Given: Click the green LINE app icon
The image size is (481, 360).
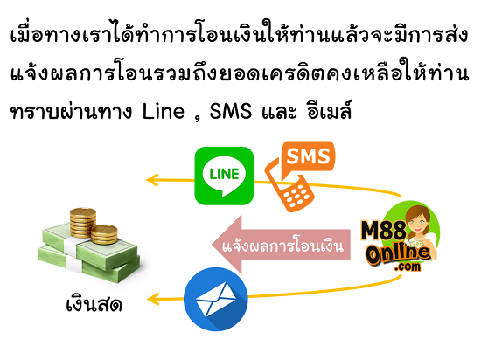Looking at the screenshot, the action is (224, 176).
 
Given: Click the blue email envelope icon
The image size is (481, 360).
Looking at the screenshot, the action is (216, 300).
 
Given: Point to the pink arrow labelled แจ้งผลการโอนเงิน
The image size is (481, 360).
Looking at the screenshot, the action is (282, 245).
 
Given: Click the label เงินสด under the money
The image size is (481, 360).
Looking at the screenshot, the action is (94, 304).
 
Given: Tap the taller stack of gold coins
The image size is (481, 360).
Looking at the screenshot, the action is (82, 223).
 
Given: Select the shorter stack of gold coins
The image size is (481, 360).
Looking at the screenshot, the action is (104, 234).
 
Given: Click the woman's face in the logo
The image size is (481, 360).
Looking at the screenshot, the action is (417, 219).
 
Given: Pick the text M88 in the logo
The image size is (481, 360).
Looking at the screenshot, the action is (383, 231).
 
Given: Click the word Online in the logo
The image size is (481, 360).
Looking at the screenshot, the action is (398, 253).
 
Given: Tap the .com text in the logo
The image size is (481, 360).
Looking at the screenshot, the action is (408, 267).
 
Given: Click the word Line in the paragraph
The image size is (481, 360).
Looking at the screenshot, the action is (164, 111).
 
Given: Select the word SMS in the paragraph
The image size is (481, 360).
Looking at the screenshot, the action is (230, 111).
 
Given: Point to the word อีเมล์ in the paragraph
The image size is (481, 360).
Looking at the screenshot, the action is (329, 109).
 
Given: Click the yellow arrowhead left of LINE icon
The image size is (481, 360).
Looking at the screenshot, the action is (152, 180).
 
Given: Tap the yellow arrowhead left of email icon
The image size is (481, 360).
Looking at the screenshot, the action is (153, 299).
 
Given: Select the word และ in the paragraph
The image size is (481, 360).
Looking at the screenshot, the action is (279, 111).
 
